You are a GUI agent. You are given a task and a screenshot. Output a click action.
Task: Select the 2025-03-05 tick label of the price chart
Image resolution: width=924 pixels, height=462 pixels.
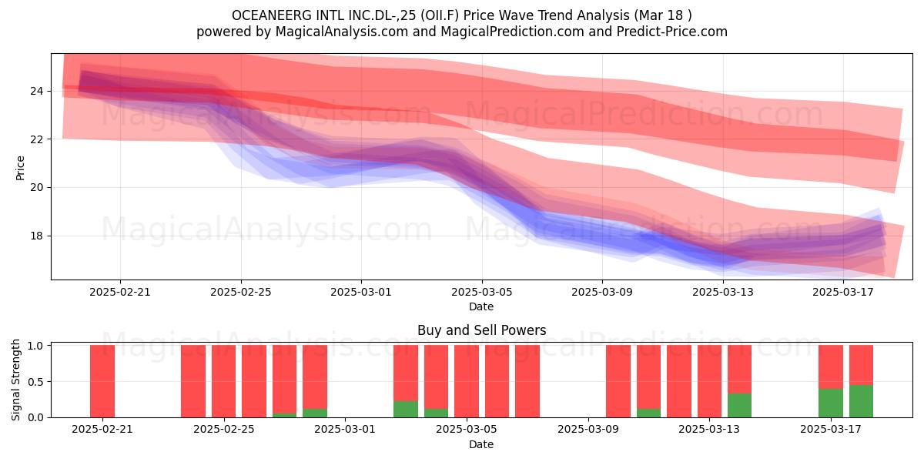click(x=482, y=292)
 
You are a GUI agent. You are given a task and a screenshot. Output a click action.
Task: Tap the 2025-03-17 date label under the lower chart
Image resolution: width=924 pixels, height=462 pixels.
click(x=831, y=430)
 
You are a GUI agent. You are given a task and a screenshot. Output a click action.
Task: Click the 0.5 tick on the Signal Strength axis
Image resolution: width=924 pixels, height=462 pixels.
click(x=35, y=382)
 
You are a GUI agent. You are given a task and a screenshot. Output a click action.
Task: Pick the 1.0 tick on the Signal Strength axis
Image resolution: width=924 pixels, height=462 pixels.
click(x=35, y=346)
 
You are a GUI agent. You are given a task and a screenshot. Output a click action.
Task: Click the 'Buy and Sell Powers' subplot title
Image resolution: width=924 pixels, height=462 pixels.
click(x=482, y=330)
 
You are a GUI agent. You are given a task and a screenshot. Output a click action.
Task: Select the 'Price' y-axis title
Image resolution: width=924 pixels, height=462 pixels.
click(x=20, y=168)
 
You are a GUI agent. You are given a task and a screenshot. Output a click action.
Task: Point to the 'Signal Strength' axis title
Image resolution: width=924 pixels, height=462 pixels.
click(x=15, y=380)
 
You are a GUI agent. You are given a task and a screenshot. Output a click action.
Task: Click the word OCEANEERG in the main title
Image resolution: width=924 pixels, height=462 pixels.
click(x=271, y=15)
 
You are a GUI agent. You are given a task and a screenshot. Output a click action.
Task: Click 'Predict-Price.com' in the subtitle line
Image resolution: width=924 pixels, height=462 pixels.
click(x=672, y=32)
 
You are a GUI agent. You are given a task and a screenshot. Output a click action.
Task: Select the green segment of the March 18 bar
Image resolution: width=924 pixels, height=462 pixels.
click(x=862, y=401)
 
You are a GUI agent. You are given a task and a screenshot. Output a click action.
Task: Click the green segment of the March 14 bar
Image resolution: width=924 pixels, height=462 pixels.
click(x=740, y=405)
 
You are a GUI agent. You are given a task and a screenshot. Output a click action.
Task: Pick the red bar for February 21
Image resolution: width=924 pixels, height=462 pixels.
click(x=102, y=381)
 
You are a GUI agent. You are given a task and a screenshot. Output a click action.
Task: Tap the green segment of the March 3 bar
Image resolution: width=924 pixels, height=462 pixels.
click(x=406, y=409)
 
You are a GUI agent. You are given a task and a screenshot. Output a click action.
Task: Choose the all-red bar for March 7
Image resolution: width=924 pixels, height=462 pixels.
click(x=527, y=381)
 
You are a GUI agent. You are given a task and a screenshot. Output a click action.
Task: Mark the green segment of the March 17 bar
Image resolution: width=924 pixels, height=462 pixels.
click(x=831, y=403)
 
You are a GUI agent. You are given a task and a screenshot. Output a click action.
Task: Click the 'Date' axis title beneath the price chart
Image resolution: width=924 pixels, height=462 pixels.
click(x=481, y=306)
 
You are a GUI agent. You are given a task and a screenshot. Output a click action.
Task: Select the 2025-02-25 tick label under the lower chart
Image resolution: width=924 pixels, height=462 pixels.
click(x=224, y=430)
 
